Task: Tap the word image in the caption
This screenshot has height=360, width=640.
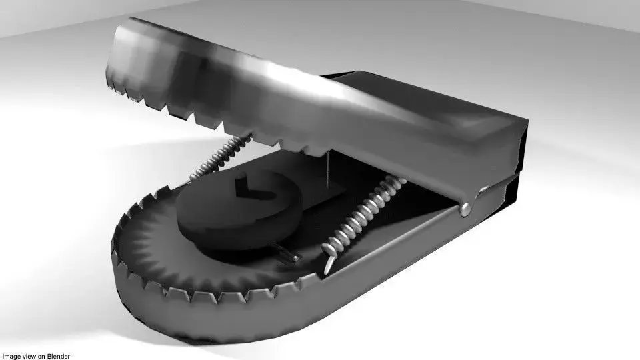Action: [x=10, y=356]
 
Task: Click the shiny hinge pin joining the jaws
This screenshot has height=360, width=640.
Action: [x=466, y=209]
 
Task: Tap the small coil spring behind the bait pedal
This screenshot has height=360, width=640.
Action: [x=220, y=159]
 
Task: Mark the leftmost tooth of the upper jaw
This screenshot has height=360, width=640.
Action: [x=113, y=85]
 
